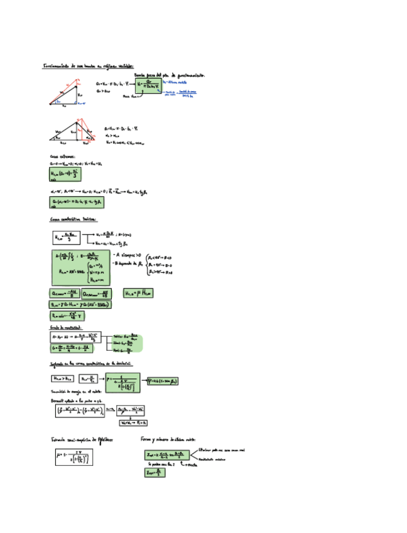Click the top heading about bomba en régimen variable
88,65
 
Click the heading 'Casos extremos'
63,157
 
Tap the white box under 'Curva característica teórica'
69,237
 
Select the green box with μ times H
138,293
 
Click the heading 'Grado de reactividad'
67,327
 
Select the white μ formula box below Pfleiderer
73,456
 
